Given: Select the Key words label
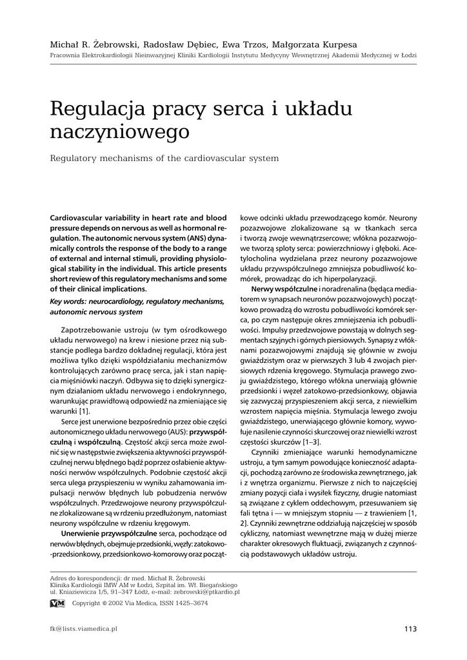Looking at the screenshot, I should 70,301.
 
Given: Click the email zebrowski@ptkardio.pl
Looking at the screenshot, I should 207,591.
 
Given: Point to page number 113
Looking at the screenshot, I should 411,629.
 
